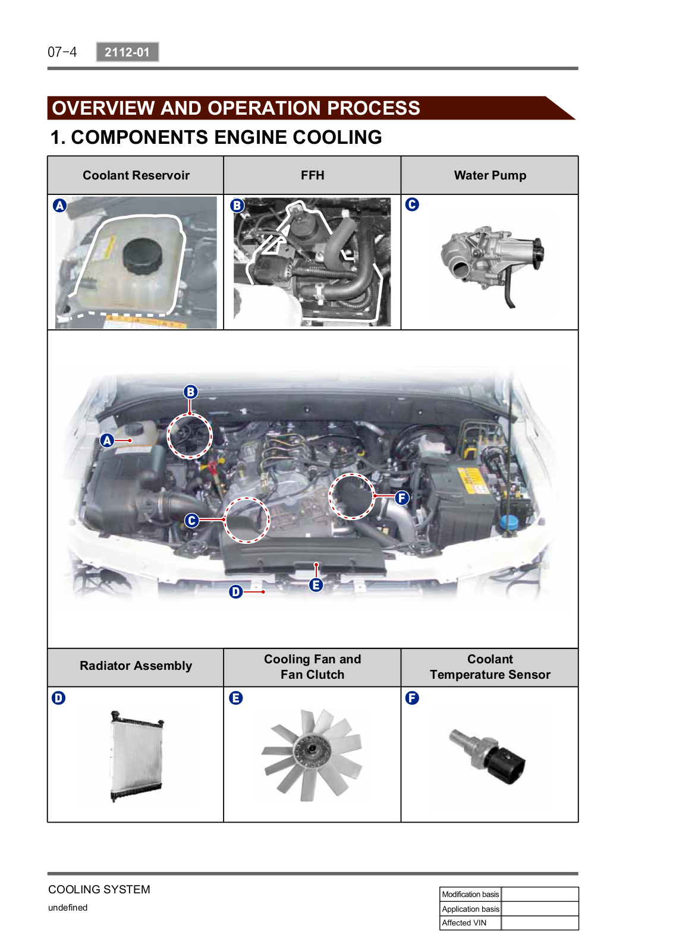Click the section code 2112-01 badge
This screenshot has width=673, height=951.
127,52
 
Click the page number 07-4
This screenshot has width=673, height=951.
62,52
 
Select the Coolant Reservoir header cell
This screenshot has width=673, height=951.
136,175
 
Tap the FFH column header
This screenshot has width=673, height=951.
312,175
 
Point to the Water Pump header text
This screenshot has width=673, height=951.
490,175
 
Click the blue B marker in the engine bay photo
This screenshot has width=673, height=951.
191,392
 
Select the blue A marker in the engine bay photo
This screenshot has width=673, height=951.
107,440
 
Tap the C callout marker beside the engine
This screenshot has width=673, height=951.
191,520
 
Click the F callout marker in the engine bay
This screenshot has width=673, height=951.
402,497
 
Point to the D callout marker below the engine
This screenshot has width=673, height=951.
235,591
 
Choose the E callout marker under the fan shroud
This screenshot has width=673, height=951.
316,585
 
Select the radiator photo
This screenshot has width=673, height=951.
137,756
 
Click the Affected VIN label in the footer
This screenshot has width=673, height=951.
464,922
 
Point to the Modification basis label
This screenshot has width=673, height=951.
470,894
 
